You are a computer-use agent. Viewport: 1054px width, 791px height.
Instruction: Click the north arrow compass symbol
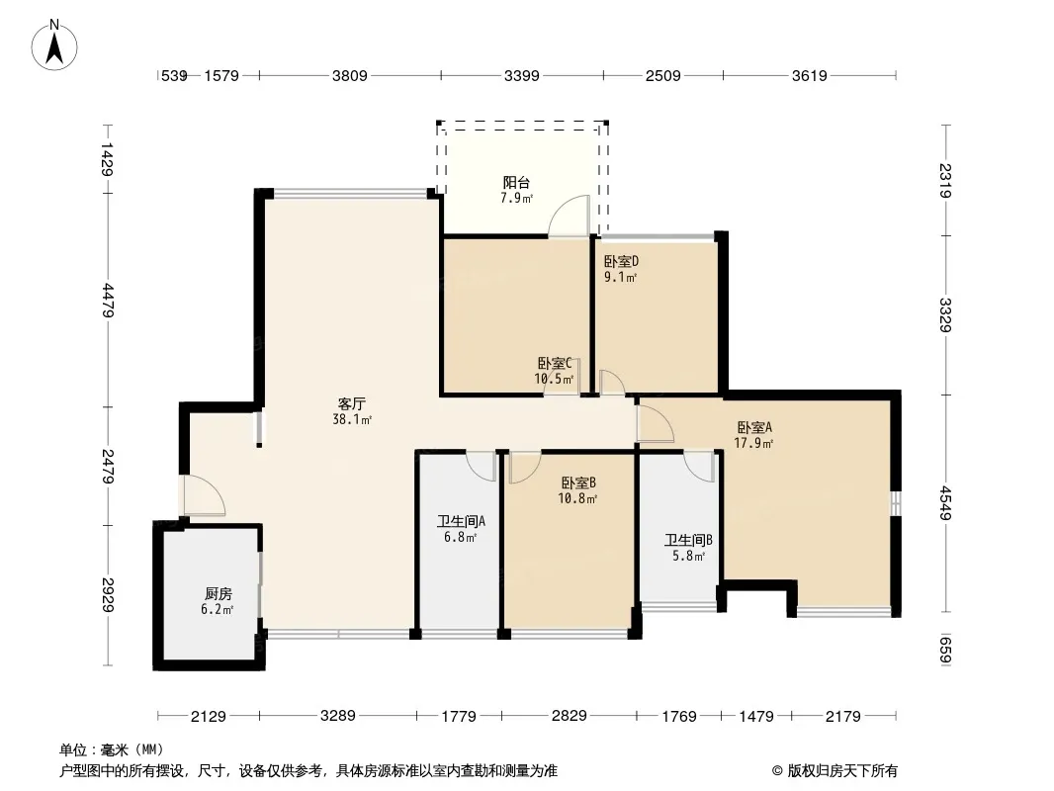(x=54, y=45)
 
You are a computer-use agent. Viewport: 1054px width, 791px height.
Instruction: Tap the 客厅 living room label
(x=352, y=403)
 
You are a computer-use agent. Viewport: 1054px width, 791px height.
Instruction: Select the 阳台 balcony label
(x=516, y=182)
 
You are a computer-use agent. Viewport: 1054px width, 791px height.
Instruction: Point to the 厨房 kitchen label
(x=218, y=594)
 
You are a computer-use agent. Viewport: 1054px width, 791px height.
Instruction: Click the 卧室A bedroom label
(x=754, y=427)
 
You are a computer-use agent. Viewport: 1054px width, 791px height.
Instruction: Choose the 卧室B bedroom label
(x=578, y=483)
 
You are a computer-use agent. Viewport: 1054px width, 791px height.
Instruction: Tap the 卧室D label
(x=620, y=261)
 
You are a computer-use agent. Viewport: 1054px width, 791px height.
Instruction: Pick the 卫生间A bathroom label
(x=461, y=521)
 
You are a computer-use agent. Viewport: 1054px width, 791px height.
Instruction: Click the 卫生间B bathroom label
(x=688, y=540)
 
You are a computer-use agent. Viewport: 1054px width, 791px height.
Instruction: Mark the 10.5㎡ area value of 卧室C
(x=554, y=379)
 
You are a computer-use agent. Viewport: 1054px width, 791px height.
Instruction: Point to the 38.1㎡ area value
(x=352, y=420)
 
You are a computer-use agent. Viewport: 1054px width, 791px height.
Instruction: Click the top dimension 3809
(x=350, y=76)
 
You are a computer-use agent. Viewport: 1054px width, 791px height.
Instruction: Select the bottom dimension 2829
(x=569, y=716)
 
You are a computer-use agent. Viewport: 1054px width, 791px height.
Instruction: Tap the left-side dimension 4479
(x=108, y=301)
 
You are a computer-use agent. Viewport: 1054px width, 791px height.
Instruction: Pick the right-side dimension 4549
(x=945, y=502)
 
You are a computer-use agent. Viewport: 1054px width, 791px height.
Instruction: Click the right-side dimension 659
(x=945, y=650)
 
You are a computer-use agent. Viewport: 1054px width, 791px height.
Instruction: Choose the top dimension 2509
(x=662, y=76)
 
